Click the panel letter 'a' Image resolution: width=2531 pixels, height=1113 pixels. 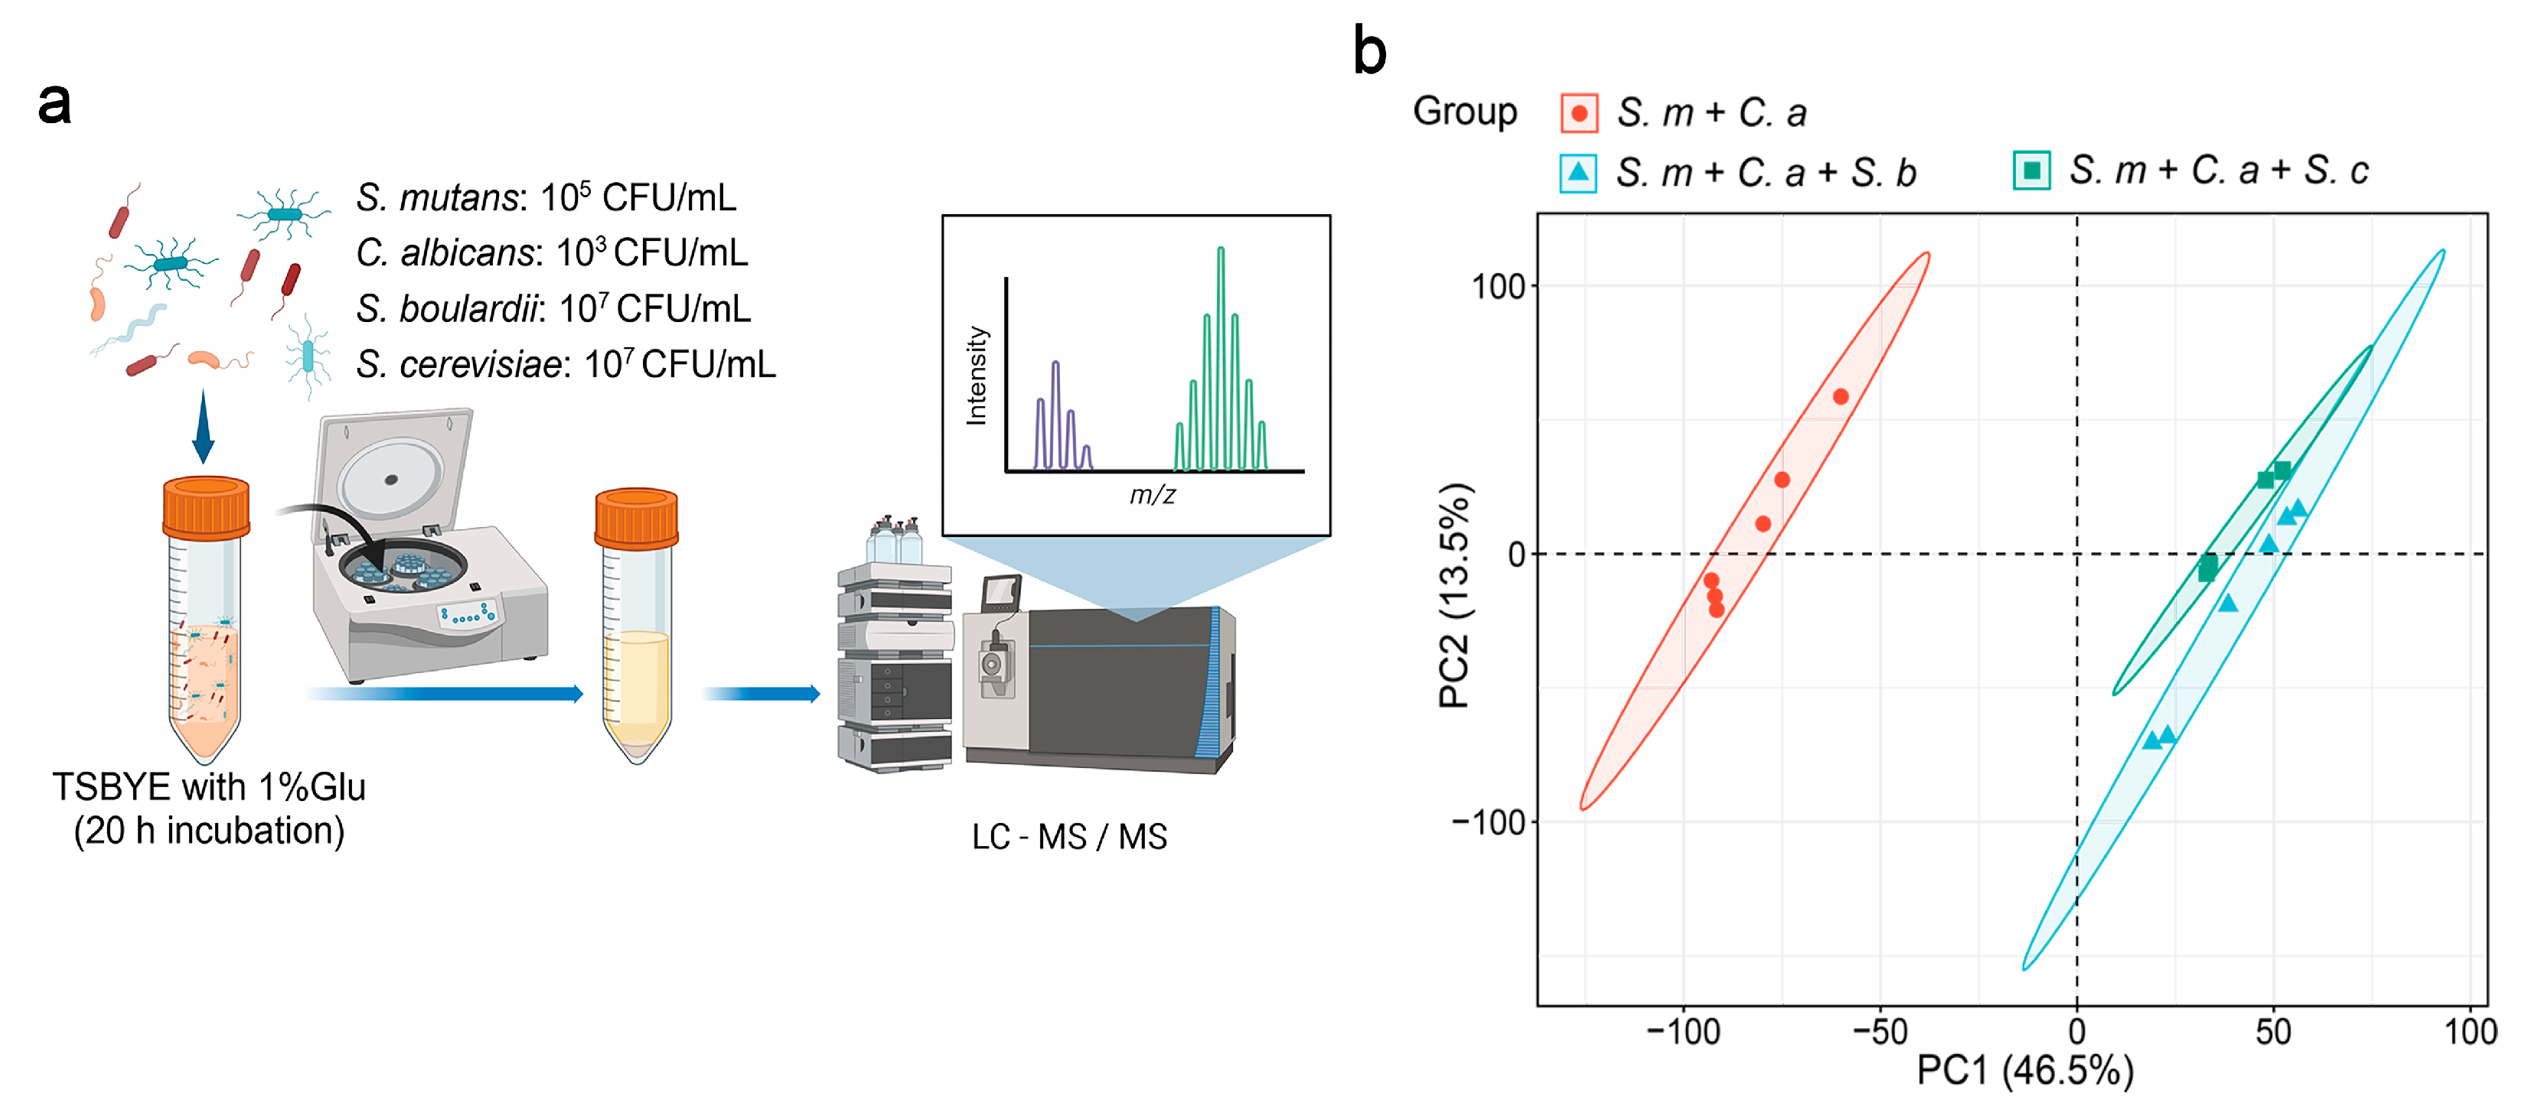click(x=55, y=104)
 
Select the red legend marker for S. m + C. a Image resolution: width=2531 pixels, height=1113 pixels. click(x=1579, y=113)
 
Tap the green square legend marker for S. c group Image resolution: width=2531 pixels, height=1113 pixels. click(x=2031, y=171)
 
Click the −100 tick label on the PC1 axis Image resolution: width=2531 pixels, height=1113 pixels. click(x=1683, y=1031)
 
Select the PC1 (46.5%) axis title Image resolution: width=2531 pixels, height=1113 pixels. click(x=2024, y=1071)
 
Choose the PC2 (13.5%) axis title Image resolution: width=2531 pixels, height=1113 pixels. click(x=1454, y=595)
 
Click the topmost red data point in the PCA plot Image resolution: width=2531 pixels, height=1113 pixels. click(x=1841, y=397)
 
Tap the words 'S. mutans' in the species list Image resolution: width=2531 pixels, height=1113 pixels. click(x=436, y=197)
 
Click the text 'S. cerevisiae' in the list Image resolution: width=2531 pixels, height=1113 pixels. click(x=459, y=364)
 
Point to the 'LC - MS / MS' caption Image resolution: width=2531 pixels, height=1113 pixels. click(x=1069, y=837)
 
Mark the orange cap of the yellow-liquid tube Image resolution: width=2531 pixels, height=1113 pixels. click(x=637, y=518)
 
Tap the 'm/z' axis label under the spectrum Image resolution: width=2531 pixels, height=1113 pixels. click(x=1152, y=494)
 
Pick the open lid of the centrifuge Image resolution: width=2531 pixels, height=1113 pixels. click(x=393, y=471)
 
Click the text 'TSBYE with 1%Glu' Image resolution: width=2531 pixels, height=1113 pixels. click(x=208, y=787)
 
